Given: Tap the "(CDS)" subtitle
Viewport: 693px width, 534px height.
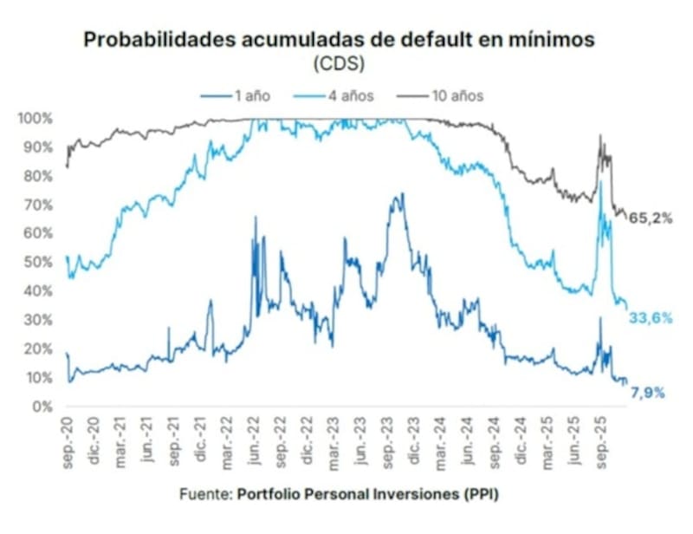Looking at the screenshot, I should pyautogui.click(x=346, y=63).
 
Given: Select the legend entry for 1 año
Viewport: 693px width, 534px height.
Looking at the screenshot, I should pyautogui.click(x=246, y=95).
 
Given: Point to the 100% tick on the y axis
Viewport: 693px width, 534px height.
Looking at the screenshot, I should pyautogui.click(x=37, y=118).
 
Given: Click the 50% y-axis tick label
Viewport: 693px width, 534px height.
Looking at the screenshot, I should pyautogui.click(x=40, y=262).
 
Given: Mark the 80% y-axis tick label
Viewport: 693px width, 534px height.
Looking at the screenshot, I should pyautogui.click(x=40, y=176).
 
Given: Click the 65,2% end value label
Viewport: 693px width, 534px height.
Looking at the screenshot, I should pyautogui.click(x=651, y=218).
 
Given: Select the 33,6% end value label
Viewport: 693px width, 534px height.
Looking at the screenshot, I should pyautogui.click(x=651, y=318).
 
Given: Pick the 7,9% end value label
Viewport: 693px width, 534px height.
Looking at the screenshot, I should pyautogui.click(x=647, y=393).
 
